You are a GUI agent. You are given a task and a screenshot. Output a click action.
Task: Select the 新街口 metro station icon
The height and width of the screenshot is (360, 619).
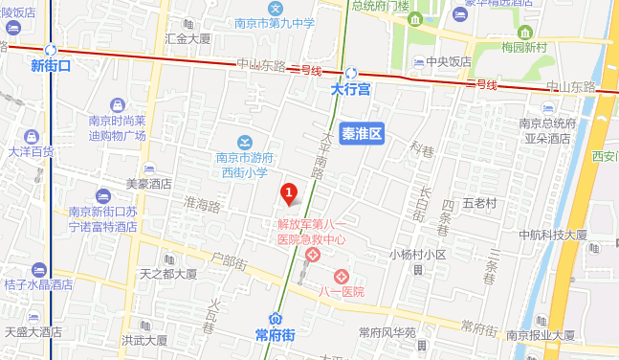pos(50,50)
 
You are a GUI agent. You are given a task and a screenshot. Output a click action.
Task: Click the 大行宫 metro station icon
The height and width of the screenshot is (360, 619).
pos(351,73)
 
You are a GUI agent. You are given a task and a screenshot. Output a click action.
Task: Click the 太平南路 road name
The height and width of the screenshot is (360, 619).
pos(324,154)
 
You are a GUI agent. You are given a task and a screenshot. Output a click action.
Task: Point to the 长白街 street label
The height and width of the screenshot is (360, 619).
pos(422,203)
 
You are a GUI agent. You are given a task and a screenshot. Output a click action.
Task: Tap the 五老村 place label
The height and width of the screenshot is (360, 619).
pos(479,203)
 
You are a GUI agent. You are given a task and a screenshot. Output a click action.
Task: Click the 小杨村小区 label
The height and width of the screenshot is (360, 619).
pos(417,255)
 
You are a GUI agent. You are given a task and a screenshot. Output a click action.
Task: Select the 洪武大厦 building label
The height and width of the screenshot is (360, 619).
pos(144,340)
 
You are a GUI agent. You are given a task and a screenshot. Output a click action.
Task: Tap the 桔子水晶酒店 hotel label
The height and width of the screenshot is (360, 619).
pos(38,284)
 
